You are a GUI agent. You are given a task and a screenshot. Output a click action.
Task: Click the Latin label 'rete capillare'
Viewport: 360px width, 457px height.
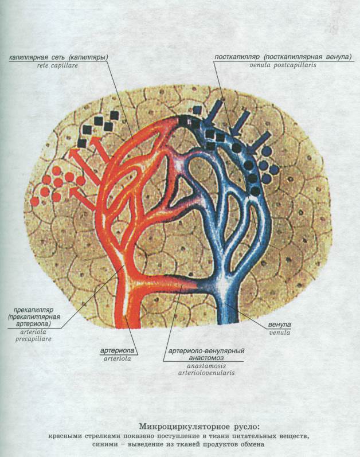[57, 65]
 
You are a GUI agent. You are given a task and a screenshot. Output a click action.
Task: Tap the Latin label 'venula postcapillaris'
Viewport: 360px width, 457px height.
[283, 65]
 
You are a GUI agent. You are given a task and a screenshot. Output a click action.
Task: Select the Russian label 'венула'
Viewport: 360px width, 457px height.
[280, 325]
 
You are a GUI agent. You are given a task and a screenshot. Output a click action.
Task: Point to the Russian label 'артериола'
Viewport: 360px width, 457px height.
[117, 350]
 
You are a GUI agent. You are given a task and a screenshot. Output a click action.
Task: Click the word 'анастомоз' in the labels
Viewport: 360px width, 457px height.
[206, 358]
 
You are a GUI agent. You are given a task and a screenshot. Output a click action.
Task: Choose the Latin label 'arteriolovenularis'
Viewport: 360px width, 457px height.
[206, 373]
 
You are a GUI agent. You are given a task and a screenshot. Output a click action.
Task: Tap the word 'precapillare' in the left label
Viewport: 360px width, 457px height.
[33, 339]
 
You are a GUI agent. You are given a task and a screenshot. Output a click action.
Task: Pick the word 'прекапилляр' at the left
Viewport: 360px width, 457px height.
[33, 310]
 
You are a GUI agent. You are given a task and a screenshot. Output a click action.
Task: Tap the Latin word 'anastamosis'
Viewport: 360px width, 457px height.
[206, 366]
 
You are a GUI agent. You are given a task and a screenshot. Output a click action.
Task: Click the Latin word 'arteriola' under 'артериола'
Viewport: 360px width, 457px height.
[117, 358]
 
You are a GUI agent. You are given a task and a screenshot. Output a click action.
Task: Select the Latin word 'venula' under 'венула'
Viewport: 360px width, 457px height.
[280, 332]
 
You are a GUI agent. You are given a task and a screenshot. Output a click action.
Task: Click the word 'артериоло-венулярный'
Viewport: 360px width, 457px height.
[206, 350]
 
